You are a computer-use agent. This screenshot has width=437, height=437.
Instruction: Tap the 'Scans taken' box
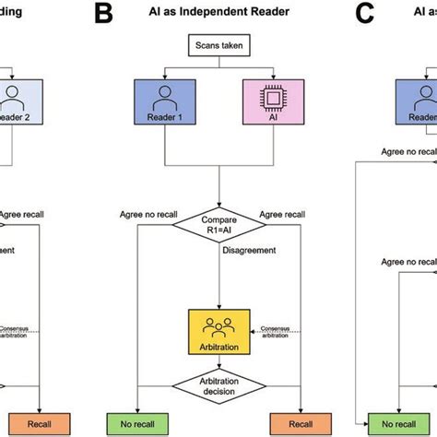(x=218, y=45)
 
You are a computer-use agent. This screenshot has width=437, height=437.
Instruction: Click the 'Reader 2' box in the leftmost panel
(x=17, y=100)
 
